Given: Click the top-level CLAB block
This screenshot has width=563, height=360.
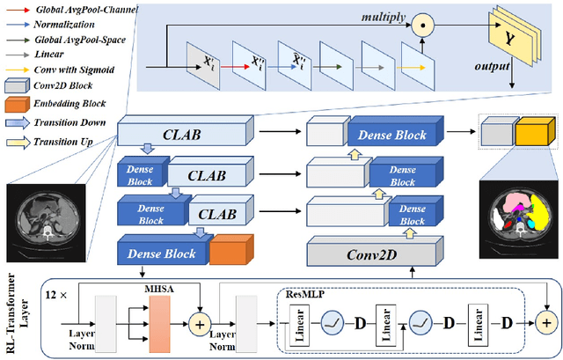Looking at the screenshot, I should tap(179, 134).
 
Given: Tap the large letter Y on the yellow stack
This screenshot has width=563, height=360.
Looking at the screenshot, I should tap(508, 39).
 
